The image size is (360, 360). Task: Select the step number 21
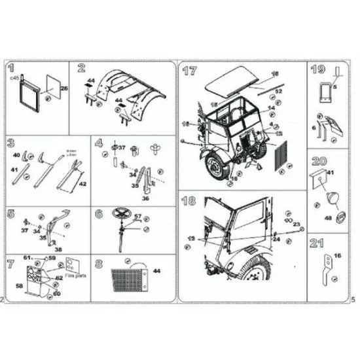coord(319,244)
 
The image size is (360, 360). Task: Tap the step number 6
coord(99,213)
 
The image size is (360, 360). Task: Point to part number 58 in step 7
coord(19,287)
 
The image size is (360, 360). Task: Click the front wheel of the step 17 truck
coord(215,170)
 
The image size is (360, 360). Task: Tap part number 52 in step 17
coord(278,92)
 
